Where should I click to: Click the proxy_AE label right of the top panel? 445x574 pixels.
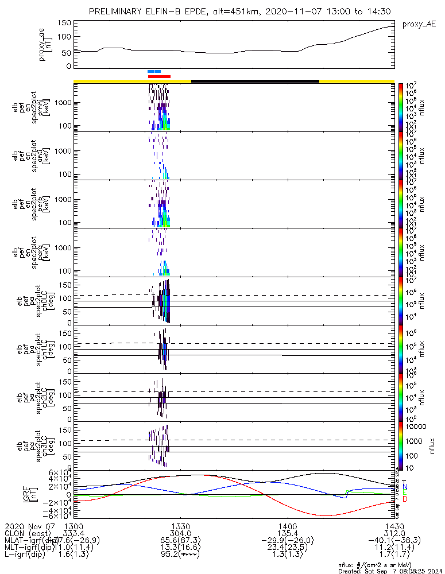point(419,25)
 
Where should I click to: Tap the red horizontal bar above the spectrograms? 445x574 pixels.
point(159,76)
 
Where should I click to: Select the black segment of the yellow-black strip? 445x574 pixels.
point(255,81)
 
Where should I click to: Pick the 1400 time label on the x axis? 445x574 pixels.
point(287,526)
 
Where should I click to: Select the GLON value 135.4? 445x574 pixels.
point(287,534)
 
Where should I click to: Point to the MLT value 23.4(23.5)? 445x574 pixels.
point(287,549)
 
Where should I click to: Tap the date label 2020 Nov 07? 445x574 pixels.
point(29,526)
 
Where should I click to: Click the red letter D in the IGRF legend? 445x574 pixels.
point(405,499)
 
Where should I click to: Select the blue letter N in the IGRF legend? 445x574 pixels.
point(405,487)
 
